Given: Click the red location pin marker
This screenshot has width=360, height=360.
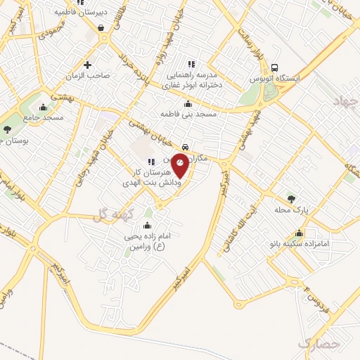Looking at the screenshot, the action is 180,167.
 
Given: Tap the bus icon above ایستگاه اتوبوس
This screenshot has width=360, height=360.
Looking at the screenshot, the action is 276,67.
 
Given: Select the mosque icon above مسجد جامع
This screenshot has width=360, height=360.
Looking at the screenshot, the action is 44,108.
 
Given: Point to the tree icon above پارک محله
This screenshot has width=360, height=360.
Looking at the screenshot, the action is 291,200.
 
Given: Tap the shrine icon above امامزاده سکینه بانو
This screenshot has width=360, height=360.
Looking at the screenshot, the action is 300,233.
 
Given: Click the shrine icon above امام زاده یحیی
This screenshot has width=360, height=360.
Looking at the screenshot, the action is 146,226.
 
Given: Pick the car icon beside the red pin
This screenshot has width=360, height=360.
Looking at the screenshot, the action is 185,148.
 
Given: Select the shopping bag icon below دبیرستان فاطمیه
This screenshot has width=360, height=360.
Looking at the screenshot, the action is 102,28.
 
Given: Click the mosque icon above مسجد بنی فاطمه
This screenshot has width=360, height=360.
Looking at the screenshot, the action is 187,105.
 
